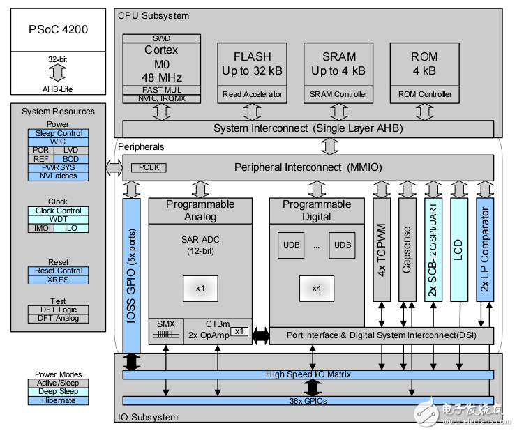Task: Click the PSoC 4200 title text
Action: point(58,31)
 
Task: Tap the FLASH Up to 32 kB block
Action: point(251,63)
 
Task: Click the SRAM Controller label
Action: point(338,94)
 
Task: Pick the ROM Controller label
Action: point(425,94)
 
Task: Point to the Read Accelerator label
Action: point(251,94)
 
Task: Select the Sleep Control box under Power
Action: point(59,133)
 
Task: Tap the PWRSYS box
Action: point(59,167)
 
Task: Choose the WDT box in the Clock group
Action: point(59,219)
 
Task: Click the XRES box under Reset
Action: point(59,280)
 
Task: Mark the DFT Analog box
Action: point(59,319)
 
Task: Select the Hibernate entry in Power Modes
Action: point(59,400)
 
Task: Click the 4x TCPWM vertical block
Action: point(382,249)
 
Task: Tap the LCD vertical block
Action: point(458,249)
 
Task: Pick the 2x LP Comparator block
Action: point(484,249)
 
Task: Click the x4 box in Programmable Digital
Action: point(316,287)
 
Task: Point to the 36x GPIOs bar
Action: point(308,400)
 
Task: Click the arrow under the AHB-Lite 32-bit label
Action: point(58,73)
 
